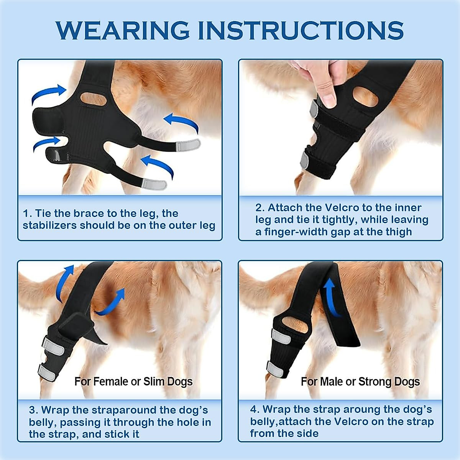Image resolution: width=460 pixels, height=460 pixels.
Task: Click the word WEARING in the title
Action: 122,30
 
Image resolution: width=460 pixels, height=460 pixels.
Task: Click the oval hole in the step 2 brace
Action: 365,97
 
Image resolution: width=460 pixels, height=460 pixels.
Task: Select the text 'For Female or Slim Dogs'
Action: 133,381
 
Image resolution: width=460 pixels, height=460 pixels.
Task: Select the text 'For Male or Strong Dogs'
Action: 360,381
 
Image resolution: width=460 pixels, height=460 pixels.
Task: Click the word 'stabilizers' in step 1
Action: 49,225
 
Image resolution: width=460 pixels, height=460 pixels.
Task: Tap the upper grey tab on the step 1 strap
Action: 187,145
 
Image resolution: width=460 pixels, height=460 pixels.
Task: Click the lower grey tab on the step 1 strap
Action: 154,184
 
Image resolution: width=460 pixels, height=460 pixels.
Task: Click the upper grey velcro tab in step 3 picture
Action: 53,346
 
